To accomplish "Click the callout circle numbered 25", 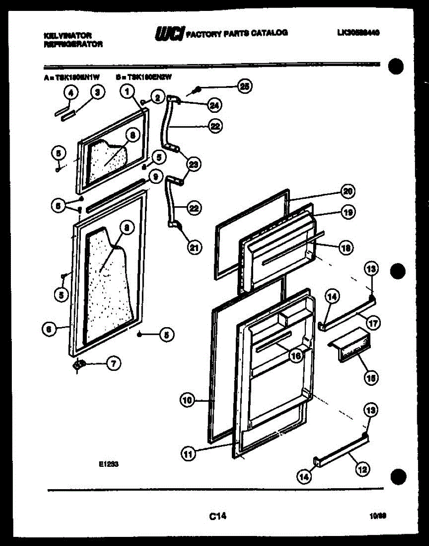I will [245, 86].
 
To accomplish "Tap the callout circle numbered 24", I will [212, 106].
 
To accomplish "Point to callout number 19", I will [349, 212].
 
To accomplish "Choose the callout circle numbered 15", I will [371, 377].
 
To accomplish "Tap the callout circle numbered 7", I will [113, 363].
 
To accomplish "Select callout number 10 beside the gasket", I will [187, 400].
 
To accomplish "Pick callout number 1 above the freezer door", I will [128, 92].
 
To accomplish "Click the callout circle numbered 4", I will [70, 92].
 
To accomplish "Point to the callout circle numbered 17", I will [373, 324].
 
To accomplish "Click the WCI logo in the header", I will [170, 33].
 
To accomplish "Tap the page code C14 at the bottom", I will [218, 516].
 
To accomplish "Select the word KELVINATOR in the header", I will [68, 35].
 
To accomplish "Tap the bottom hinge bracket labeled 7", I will [80, 365].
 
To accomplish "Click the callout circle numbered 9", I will [155, 177].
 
